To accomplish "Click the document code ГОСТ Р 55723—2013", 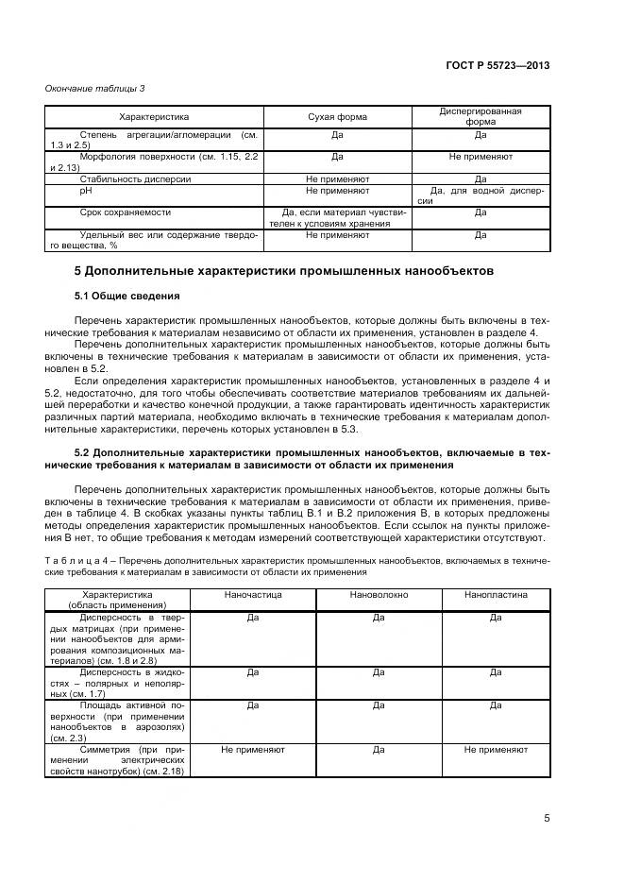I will coord(498,65).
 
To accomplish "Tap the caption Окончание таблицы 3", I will coord(95,89).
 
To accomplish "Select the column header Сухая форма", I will coord(337,117).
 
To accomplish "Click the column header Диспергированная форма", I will coord(481,117).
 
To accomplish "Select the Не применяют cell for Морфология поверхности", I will coord(481,156).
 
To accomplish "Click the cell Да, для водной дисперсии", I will coord(481,195).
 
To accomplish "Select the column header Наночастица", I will coord(252,596).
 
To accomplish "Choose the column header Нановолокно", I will coord(378,596).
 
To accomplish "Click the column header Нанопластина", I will coord(496,596).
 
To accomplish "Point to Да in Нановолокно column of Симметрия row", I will coord(378,749).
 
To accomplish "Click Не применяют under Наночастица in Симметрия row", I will coord(252,749).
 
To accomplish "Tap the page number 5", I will coord(547,819).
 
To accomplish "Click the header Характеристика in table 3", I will coord(154,117).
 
